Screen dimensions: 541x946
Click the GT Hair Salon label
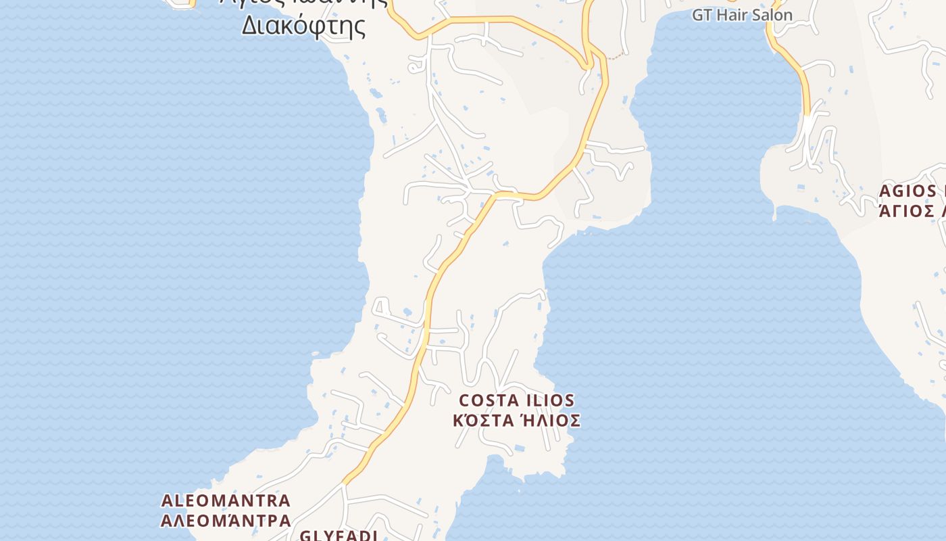pyautogui.click(x=742, y=15)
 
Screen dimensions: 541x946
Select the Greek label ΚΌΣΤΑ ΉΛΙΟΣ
pyautogui.click(x=517, y=421)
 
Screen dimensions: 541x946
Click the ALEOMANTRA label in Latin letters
pyautogui.click(x=226, y=501)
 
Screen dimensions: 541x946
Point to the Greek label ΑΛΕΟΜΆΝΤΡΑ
pyautogui.click(x=226, y=521)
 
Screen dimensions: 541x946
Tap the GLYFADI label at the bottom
pyautogui.click(x=338, y=536)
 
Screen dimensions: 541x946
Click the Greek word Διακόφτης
pyautogui.click(x=303, y=26)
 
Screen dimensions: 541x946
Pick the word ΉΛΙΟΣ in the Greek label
pyautogui.click(x=549, y=421)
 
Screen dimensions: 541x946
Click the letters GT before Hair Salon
pyautogui.click(x=701, y=15)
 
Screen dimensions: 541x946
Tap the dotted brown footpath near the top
pyautogui.click(x=613, y=57)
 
